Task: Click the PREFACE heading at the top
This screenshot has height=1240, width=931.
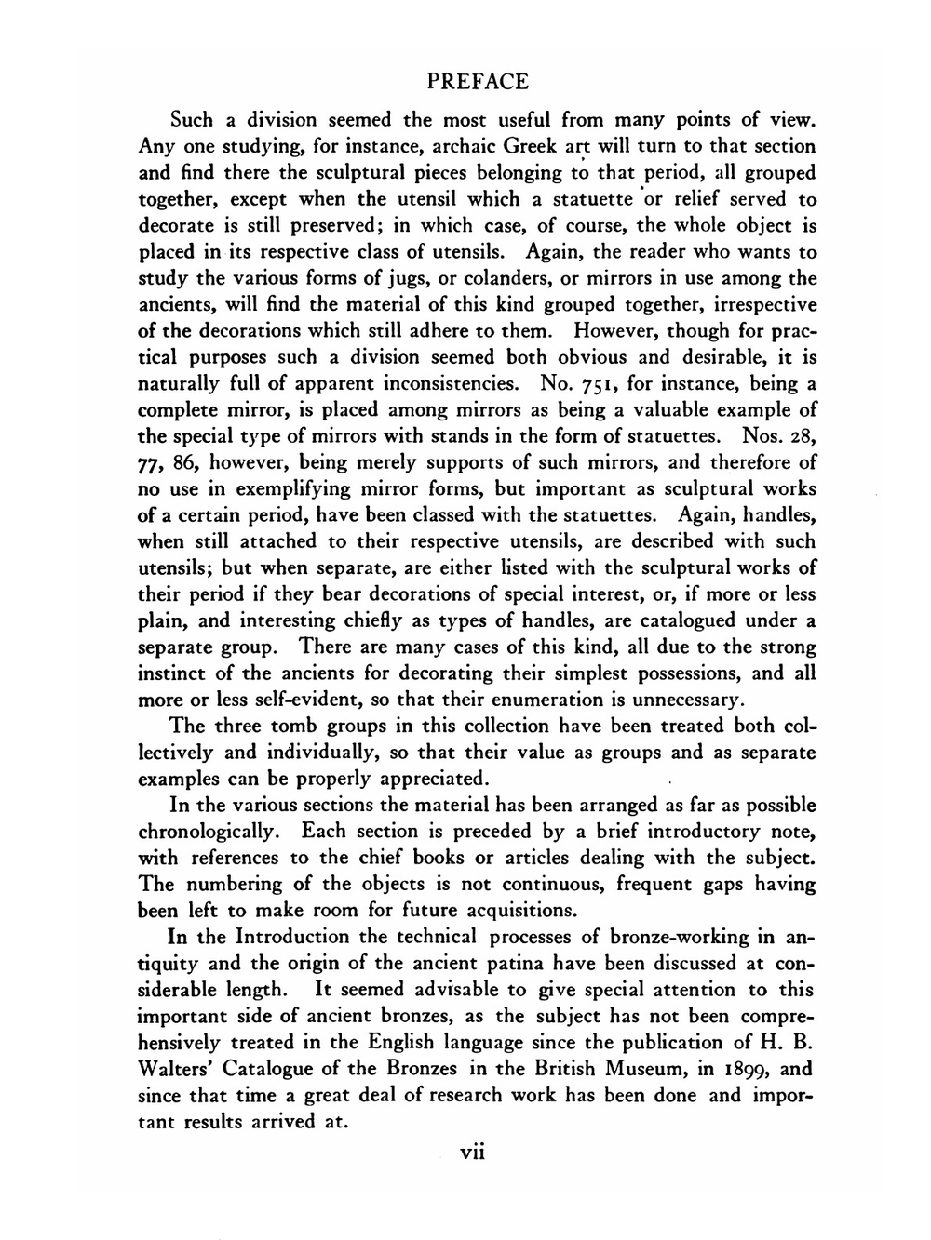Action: point(478,82)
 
